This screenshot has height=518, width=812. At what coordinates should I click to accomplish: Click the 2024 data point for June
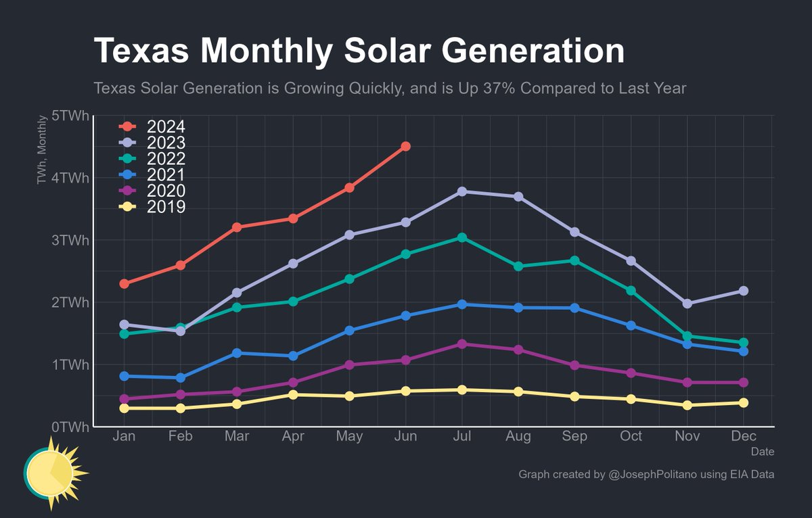[x=405, y=146]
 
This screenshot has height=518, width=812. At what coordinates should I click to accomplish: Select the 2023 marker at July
[x=461, y=191]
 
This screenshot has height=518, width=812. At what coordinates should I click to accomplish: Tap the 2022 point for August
[x=518, y=266]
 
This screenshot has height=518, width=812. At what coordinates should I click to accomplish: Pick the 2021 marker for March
[x=237, y=353]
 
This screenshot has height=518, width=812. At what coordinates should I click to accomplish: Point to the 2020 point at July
[x=461, y=344]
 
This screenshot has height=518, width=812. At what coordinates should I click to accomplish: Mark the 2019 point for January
[x=125, y=408]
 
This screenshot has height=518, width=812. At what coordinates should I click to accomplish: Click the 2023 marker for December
[x=744, y=291]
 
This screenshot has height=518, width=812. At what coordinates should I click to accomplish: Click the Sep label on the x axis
[x=574, y=437]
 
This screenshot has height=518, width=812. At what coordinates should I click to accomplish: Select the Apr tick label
[x=293, y=437]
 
